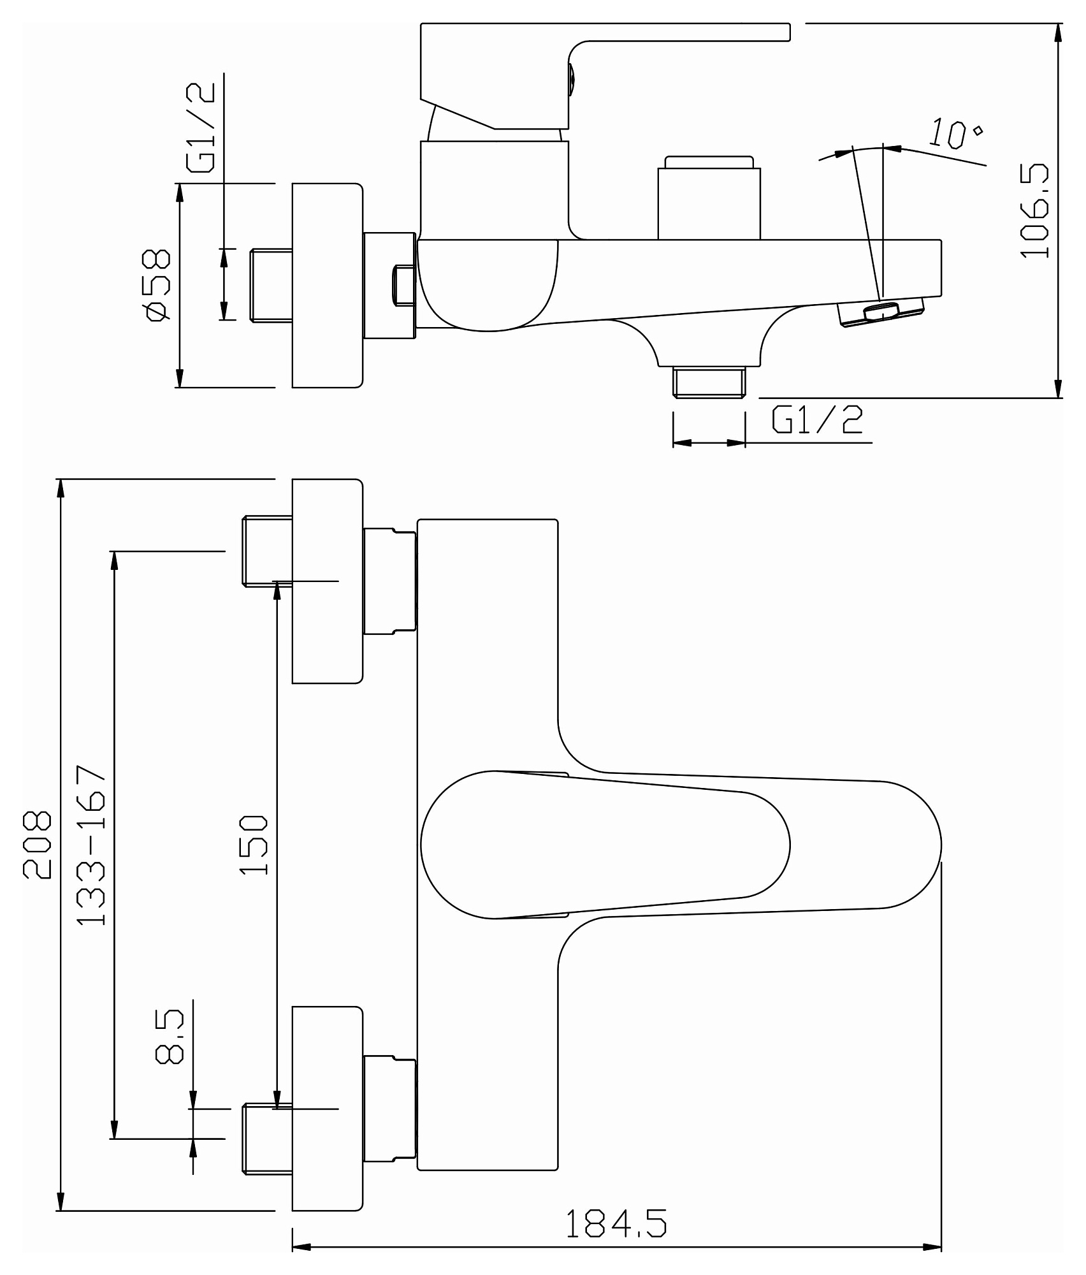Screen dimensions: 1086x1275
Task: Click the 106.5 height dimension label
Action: click(x=1034, y=210)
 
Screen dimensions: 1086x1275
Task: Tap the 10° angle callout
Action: click(x=954, y=134)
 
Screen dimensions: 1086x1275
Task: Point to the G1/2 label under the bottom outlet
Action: click(x=818, y=419)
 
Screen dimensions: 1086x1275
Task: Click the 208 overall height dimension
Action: click(x=37, y=845)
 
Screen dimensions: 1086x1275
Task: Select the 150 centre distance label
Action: click(x=254, y=845)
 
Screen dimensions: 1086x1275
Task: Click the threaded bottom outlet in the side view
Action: click(x=709, y=381)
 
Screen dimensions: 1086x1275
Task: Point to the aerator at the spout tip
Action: click(x=882, y=312)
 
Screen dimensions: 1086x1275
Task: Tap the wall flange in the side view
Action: click(x=327, y=285)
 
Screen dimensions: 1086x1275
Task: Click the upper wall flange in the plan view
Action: click(x=327, y=581)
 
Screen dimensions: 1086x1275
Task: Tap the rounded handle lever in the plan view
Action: click(x=605, y=845)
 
